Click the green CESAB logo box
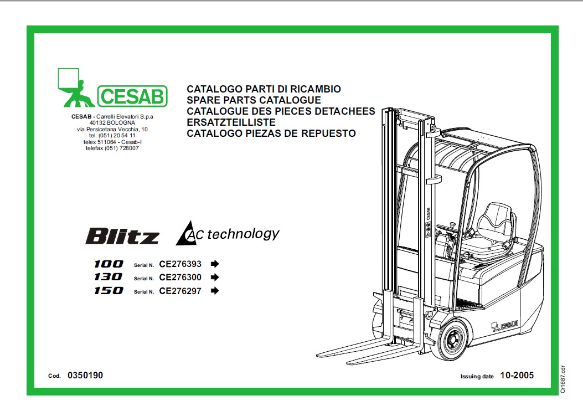(x=132, y=96)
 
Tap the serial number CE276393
(x=180, y=264)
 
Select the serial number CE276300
(x=180, y=278)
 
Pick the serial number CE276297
(x=180, y=291)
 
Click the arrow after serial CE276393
(x=214, y=264)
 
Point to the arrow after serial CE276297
(x=214, y=291)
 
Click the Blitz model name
(x=122, y=236)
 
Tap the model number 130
(x=108, y=277)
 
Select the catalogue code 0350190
(x=85, y=376)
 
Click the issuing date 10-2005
(x=517, y=376)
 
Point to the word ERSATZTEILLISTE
(x=231, y=122)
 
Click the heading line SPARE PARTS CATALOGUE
(x=254, y=100)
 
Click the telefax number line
(x=112, y=148)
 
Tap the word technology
(x=243, y=234)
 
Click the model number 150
(x=108, y=291)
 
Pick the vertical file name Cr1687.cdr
(x=563, y=379)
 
